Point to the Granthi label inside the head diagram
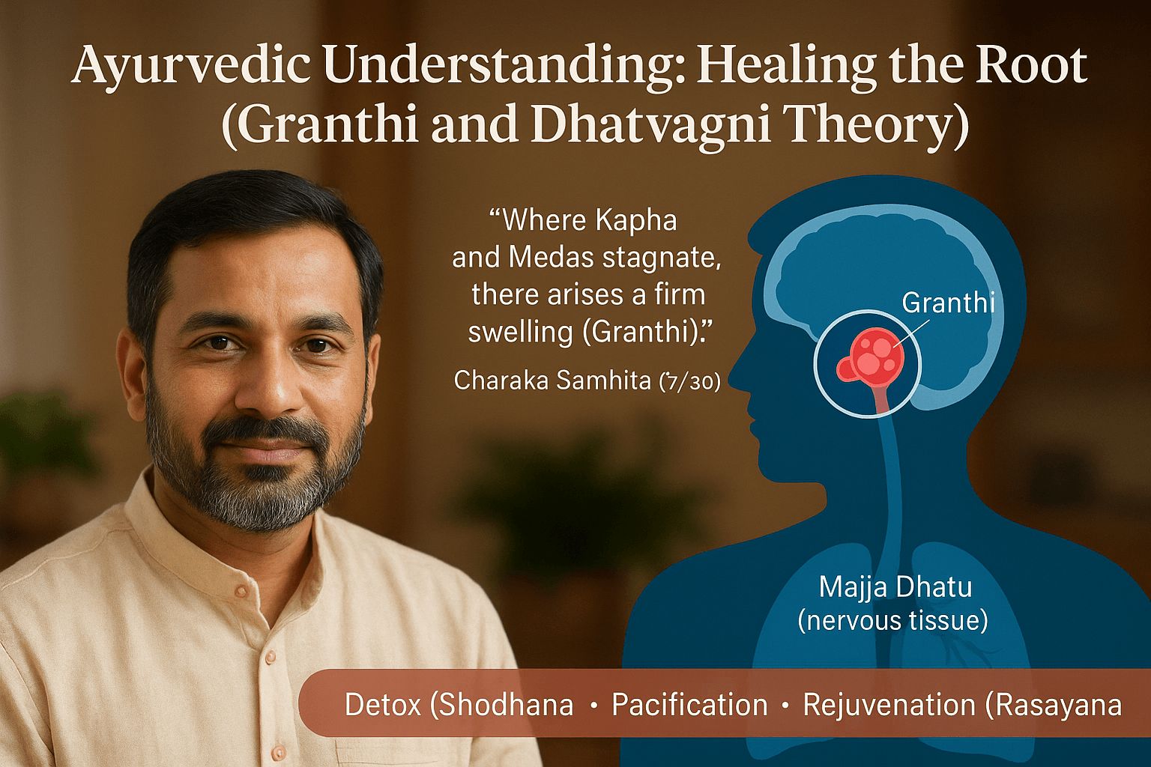click(x=949, y=303)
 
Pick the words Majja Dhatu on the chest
click(x=895, y=587)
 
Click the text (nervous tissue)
click(x=893, y=621)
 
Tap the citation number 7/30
click(x=689, y=382)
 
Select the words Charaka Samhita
click(x=552, y=381)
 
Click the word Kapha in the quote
click(x=636, y=222)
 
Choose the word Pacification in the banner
click(x=689, y=705)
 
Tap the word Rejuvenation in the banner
click(x=888, y=705)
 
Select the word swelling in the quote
click(x=520, y=333)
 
